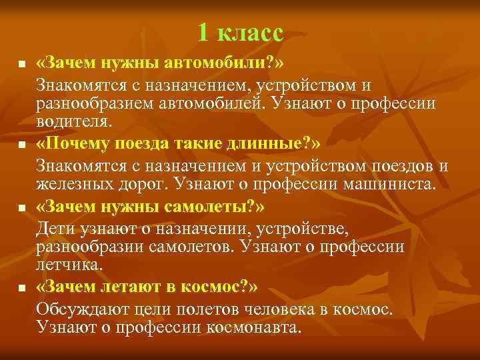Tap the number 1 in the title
pyautogui.click(x=204, y=32)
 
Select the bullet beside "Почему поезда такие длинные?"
pyautogui.click(x=21, y=145)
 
